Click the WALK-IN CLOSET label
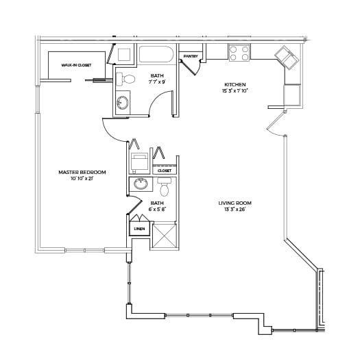76,65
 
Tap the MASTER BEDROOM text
82,172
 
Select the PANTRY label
191,56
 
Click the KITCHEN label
235,84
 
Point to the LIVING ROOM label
235,203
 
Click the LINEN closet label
140,229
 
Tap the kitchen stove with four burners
239,53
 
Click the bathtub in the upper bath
156,54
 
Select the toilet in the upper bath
125,79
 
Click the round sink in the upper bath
123,103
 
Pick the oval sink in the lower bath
141,184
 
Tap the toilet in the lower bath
165,187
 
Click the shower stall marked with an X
165,236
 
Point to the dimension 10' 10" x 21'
82,179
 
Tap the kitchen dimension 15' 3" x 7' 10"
235,90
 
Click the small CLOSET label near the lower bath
165,171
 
